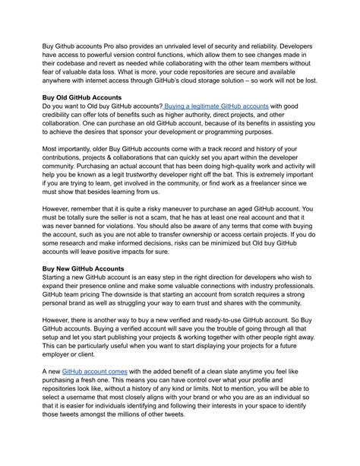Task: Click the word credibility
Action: [61, 118]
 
